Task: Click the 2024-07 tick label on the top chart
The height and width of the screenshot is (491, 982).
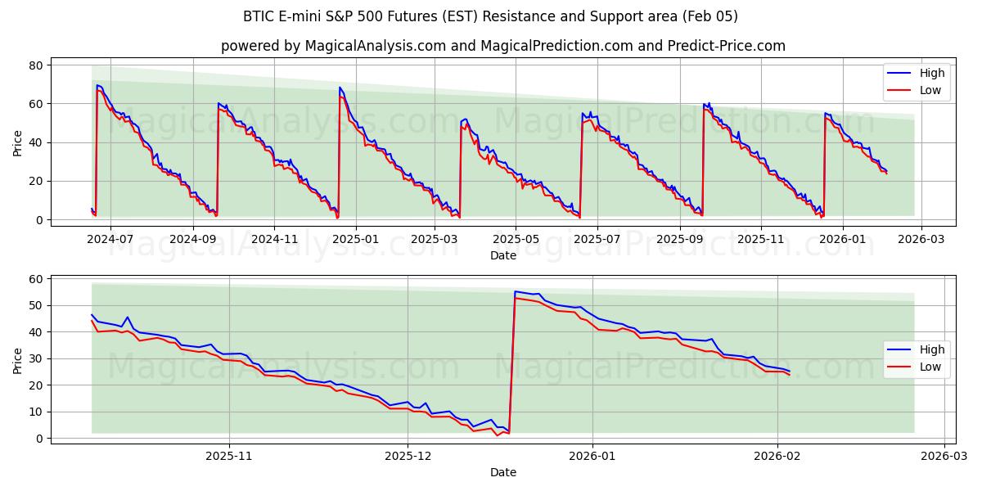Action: [x=110, y=239]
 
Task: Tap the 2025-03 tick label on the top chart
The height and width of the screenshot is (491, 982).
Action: [x=434, y=239]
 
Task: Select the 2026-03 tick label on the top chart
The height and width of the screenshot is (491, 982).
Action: [x=921, y=239]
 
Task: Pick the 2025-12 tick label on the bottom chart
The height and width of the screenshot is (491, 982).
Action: [x=408, y=456]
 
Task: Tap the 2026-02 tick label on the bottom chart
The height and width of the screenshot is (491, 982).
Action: [x=777, y=456]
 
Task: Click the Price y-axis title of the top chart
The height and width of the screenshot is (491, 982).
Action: [x=17, y=142]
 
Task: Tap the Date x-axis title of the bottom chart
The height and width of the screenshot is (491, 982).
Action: [x=502, y=472]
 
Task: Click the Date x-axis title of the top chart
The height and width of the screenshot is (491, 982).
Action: [x=502, y=255]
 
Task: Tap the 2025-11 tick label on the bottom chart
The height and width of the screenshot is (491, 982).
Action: [x=228, y=456]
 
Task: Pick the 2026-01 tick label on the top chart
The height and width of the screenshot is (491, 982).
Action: [x=842, y=239]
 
